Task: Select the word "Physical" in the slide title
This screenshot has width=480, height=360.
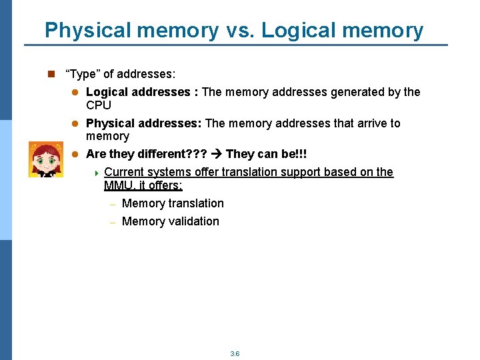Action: point(86,30)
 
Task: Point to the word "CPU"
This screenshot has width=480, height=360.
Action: point(99,105)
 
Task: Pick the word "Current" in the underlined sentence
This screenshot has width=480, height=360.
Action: point(124,172)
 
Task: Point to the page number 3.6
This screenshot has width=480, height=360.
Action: point(235,353)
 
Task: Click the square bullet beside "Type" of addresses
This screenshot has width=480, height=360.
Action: point(50,74)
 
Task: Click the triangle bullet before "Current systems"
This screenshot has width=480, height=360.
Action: point(96,173)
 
